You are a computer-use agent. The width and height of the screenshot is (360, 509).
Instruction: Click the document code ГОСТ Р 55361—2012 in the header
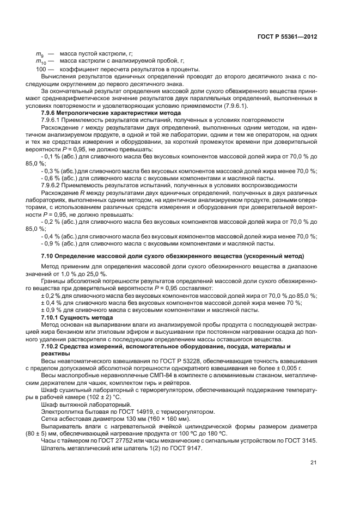[286, 36]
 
